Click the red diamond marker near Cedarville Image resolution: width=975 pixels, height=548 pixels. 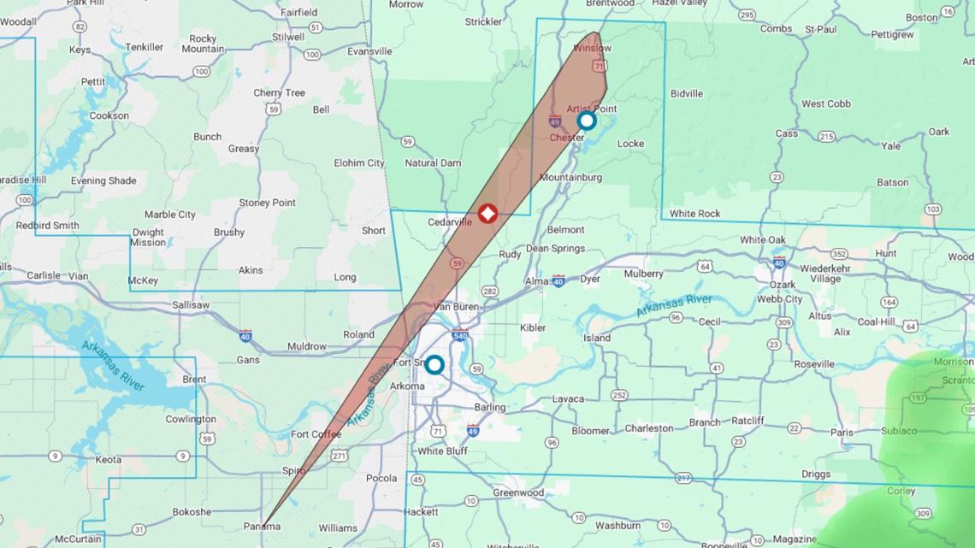pyautogui.click(x=487, y=213)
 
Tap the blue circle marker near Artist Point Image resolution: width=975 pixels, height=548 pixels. pyautogui.click(x=586, y=121)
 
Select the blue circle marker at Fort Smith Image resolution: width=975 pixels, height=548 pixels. pyautogui.click(x=434, y=365)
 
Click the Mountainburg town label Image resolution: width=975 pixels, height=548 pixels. pyautogui.click(x=570, y=178)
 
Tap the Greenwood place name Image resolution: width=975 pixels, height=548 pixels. pyautogui.click(x=517, y=492)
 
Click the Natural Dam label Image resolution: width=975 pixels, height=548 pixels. pyautogui.click(x=433, y=162)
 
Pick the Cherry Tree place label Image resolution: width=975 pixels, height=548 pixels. pyautogui.click(x=279, y=93)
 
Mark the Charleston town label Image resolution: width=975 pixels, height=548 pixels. pyautogui.click(x=648, y=428)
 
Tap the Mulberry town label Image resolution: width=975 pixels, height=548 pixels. pyautogui.click(x=643, y=274)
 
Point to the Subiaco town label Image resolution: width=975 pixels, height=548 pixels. pyautogui.click(x=898, y=431)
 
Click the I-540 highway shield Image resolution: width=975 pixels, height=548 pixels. pyautogui.click(x=460, y=335)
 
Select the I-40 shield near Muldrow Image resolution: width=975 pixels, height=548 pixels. pyautogui.click(x=245, y=335)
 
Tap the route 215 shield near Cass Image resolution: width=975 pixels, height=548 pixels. pyautogui.click(x=826, y=137)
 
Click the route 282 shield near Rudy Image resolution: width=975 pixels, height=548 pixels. pyautogui.click(x=489, y=292)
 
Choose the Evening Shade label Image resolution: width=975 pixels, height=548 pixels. pyautogui.click(x=103, y=181)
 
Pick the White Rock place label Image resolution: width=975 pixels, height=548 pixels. pyautogui.click(x=694, y=214)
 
